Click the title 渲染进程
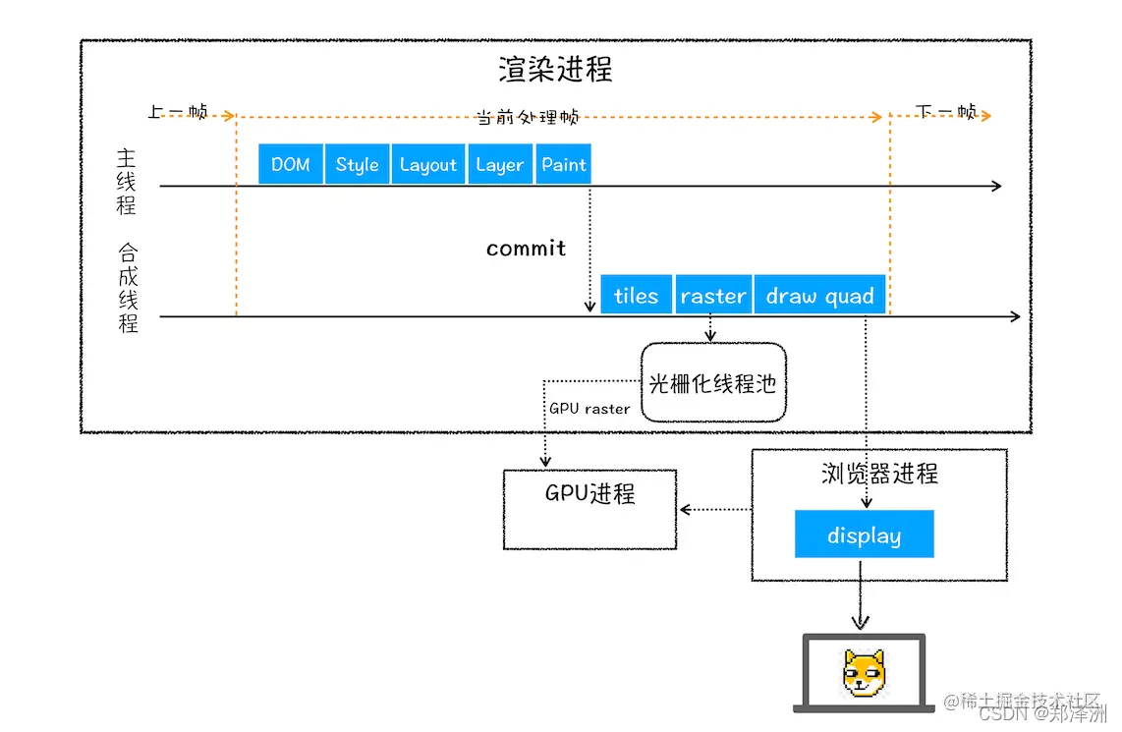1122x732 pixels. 555,70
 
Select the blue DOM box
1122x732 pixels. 291,164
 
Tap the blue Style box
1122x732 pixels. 357,164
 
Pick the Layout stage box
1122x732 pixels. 428,164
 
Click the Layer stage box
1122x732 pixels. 499,164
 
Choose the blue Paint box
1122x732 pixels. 564,164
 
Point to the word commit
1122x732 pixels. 526,249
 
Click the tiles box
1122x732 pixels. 636,295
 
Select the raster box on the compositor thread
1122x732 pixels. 712,295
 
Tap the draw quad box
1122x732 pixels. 819,295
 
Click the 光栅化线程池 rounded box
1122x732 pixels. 713,383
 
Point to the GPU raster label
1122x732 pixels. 589,409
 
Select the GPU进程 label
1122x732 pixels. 589,493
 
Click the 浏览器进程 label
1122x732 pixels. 879,474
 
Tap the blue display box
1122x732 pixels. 864,535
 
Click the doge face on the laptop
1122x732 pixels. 864,673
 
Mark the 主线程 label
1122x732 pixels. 127,182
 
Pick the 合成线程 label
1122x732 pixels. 128,287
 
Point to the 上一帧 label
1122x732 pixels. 178,113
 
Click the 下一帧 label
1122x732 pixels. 945,112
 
